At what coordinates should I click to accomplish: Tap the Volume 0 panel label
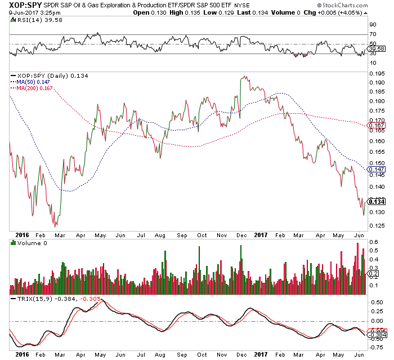tap(28, 243)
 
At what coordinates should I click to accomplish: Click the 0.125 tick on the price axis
tap(377, 226)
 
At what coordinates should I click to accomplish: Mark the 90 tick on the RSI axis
tap(373, 25)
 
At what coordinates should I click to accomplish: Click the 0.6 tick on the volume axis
tap(373, 242)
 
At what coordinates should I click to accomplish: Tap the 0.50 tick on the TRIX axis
tap(375, 301)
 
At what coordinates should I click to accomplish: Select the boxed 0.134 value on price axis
tap(375, 202)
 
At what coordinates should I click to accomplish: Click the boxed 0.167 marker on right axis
tap(375, 125)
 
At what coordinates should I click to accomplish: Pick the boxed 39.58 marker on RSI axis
tap(375, 49)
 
